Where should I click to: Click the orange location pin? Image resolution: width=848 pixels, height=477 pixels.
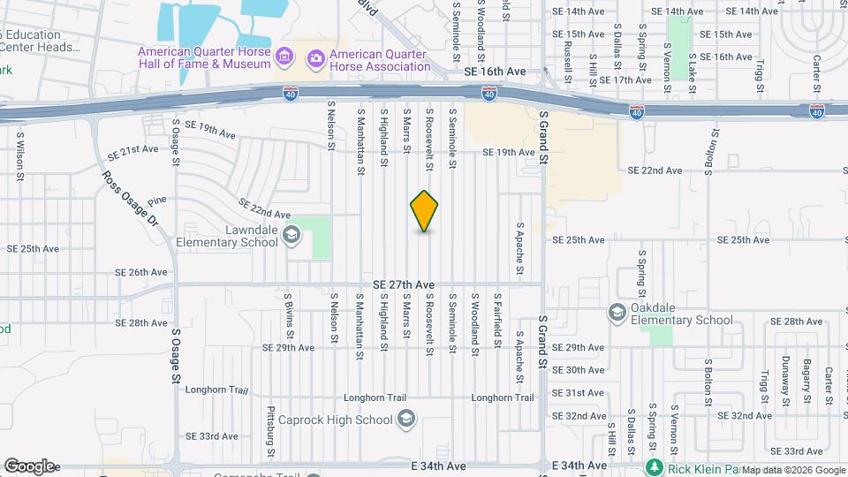coord(425,211)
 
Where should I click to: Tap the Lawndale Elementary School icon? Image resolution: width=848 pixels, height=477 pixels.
coord(292,236)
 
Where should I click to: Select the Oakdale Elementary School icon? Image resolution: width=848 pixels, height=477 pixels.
coord(617,313)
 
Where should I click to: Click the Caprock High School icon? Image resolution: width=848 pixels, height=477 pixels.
coord(406,418)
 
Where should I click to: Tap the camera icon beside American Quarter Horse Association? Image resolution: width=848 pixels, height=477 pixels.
coord(315,58)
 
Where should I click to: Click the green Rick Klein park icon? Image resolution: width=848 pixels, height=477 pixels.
coord(654,466)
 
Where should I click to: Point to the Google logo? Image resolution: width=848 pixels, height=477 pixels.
coord(28,466)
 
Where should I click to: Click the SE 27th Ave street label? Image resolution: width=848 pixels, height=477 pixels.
coord(404,284)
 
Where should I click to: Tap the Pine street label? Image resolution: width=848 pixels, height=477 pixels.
coord(157,202)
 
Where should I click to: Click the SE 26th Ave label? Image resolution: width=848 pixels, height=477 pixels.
coord(142,272)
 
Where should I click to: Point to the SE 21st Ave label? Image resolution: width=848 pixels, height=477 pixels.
coord(132,150)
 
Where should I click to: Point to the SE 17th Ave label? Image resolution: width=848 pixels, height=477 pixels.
coord(625,79)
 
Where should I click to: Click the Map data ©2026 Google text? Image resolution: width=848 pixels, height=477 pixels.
coord(792,469)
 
